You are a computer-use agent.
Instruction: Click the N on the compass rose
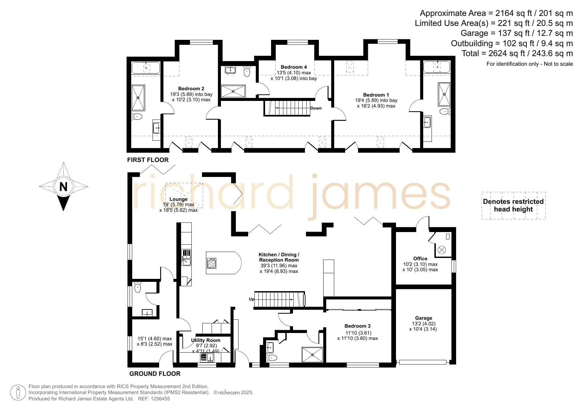63,187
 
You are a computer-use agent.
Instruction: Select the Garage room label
424,318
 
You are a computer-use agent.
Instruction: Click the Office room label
420,259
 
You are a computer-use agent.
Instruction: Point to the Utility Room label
206,340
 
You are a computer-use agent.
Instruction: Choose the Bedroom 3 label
357,326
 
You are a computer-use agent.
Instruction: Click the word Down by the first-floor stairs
316,108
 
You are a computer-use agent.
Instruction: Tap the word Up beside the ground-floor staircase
251,299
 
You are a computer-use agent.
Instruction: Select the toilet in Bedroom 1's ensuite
445,112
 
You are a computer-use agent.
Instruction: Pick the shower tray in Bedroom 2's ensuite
139,98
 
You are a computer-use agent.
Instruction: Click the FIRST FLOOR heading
148,160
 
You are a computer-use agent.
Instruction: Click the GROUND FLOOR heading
155,374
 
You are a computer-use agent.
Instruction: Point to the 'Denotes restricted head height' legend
513,206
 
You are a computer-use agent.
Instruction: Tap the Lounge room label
178,200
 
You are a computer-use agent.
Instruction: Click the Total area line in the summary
517,53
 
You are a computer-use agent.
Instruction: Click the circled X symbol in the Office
442,250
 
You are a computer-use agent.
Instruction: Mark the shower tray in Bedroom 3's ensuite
312,355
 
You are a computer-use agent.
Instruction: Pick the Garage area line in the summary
517,33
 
